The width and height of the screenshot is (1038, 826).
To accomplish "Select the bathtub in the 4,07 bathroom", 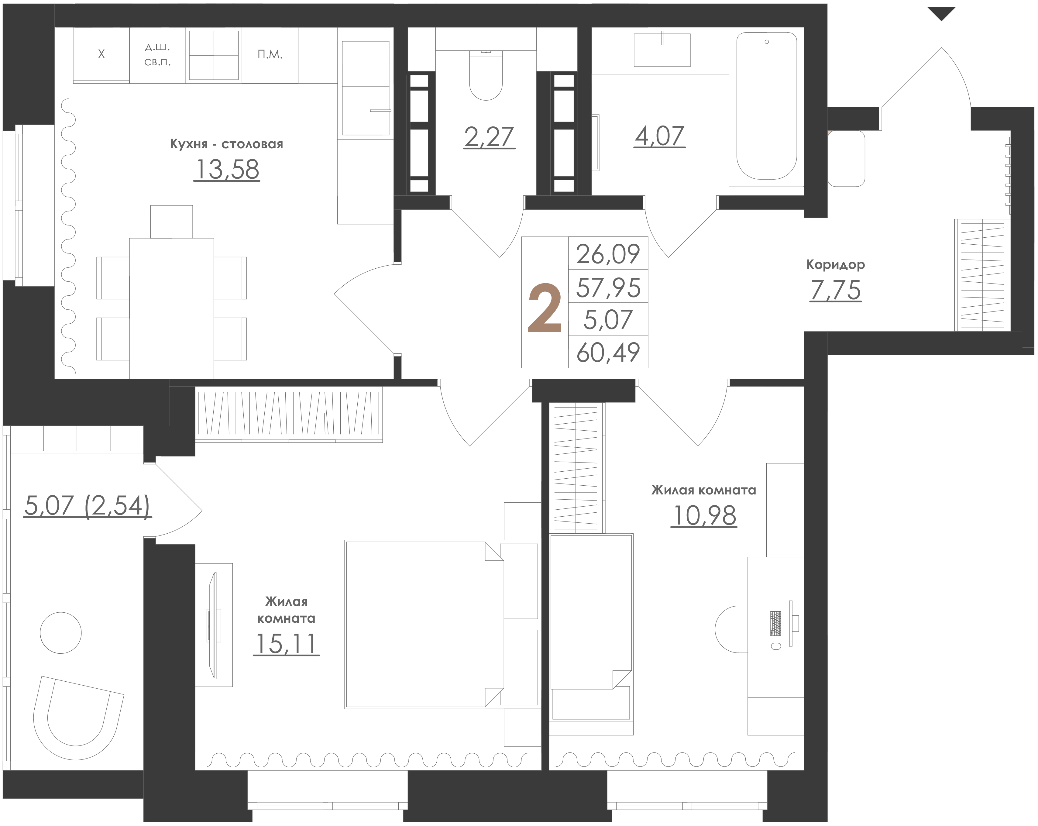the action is tap(766, 106).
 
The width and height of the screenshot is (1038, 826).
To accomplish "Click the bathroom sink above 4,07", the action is tap(662, 50).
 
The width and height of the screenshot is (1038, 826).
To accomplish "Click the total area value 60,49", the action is tap(608, 352).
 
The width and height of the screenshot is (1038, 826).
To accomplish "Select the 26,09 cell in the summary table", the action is tap(608, 254).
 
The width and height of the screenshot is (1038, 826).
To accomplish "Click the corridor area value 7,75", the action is tap(835, 290).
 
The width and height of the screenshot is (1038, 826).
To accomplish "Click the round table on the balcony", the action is tap(61, 632).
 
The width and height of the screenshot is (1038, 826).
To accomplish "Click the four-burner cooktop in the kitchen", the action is tap(214, 55).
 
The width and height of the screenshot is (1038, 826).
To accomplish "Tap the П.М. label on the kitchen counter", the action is tap(270, 54).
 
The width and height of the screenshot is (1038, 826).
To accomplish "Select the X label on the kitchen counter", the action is tap(101, 54).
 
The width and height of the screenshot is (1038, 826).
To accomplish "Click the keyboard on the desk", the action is tap(775, 623).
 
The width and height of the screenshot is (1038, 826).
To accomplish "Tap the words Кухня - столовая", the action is tap(226, 144).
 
